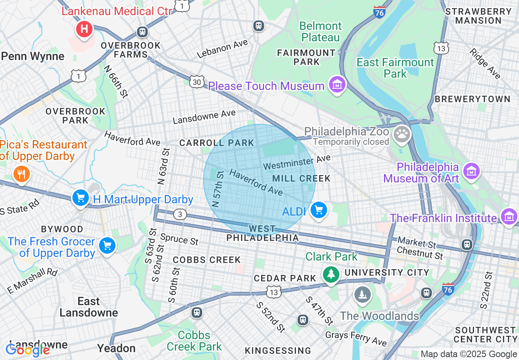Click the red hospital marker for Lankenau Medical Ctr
pyautogui.click(x=84, y=29)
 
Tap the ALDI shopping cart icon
pyautogui.click(x=318, y=210)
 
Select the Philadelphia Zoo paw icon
pyautogui.click(x=402, y=134)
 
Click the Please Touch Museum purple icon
pyautogui.click(x=337, y=85)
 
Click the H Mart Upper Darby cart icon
pyautogui.click(x=81, y=198)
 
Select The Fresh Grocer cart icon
pyautogui.click(x=107, y=245)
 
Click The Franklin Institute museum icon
pyautogui.click(x=509, y=216)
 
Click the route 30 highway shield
pyautogui.click(x=196, y=82)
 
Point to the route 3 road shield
pyautogui.click(x=180, y=214)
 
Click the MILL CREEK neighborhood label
pyautogui.click(x=301, y=178)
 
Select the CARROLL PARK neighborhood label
pyautogui.click(x=217, y=143)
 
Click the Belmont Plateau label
pyautogui.click(x=320, y=32)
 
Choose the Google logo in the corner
pyautogui.click(x=27, y=350)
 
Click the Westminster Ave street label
pyautogui.click(x=296, y=162)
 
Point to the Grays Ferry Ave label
pyautogui.click(x=356, y=338)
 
